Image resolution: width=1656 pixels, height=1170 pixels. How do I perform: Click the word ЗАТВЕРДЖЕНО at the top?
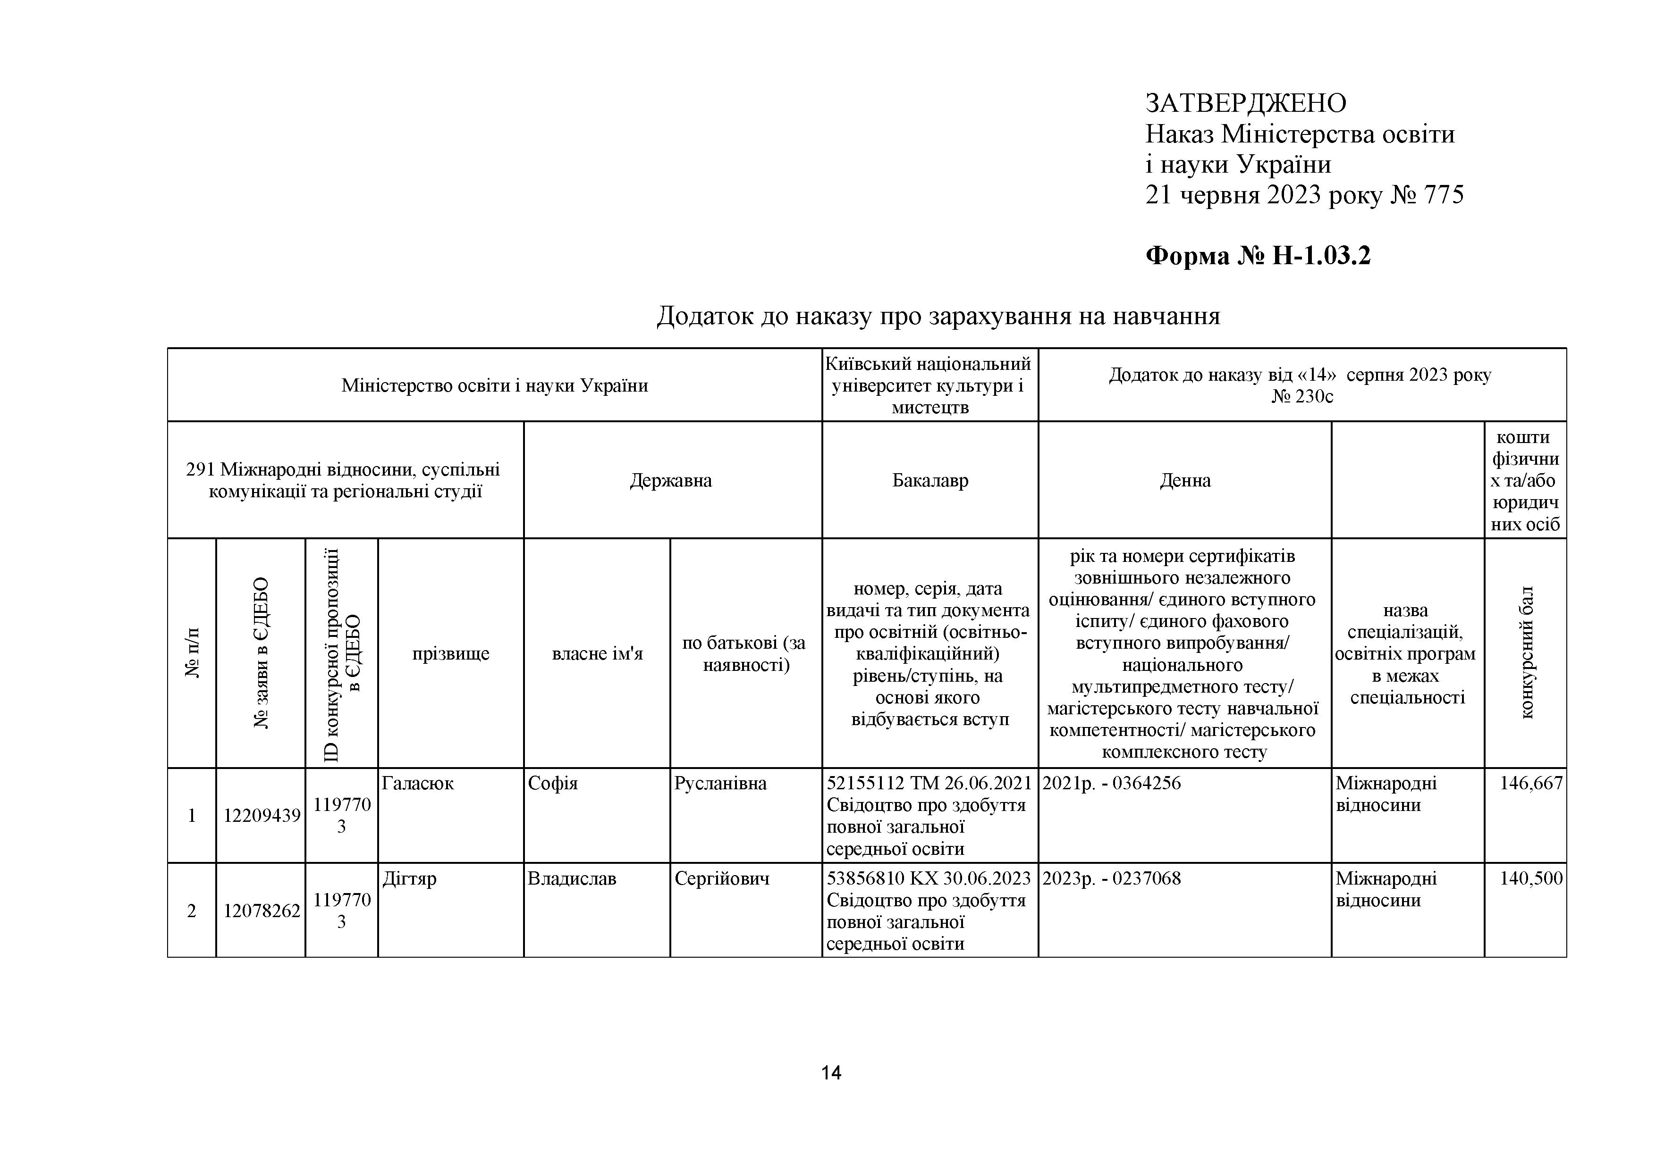click(1246, 104)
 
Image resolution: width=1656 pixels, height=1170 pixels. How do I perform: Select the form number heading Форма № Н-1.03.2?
click(1258, 256)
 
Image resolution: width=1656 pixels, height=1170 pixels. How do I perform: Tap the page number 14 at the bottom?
click(831, 1073)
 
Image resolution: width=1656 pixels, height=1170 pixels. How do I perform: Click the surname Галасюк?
click(418, 784)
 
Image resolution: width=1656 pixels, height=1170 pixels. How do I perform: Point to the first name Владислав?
click(572, 879)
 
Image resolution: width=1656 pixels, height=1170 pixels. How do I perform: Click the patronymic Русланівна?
click(720, 784)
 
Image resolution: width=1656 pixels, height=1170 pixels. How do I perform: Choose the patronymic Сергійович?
click(722, 879)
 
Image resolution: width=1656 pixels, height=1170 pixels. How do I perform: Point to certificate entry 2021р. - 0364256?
click(1111, 784)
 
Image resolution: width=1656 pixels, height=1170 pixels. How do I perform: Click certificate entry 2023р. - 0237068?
click(1111, 879)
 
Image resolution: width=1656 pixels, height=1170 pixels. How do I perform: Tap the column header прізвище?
click(451, 654)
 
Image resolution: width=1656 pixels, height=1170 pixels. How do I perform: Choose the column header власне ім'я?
click(597, 654)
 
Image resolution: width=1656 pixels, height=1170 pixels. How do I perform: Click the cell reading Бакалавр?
click(929, 481)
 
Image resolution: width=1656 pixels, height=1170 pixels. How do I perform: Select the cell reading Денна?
click(1185, 481)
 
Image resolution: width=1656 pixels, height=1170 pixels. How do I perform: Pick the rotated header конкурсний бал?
click(1526, 653)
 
